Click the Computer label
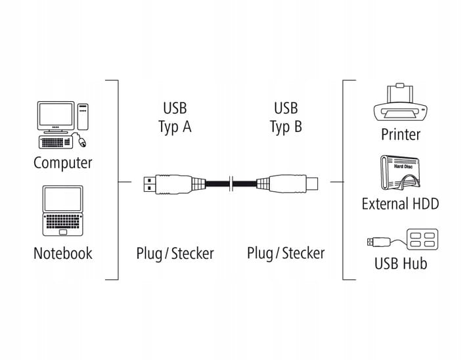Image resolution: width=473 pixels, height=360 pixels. (x=63, y=162)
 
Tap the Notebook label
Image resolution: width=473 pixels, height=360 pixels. (x=63, y=253)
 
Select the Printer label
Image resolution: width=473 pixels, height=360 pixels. (x=400, y=135)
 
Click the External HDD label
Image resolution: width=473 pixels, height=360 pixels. (x=400, y=203)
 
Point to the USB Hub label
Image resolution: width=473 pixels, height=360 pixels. (x=400, y=263)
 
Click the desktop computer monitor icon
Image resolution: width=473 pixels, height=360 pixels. (x=55, y=116)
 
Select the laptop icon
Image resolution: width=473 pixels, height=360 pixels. (x=63, y=210)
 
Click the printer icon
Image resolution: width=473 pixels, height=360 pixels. (x=400, y=105)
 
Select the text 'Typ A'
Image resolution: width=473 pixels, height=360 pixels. (x=175, y=127)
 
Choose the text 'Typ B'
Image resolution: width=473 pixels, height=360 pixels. (x=286, y=127)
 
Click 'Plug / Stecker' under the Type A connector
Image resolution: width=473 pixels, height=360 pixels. (x=175, y=253)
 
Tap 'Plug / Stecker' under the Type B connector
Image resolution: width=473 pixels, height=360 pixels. (x=286, y=253)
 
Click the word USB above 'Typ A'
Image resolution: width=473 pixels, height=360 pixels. (x=175, y=108)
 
